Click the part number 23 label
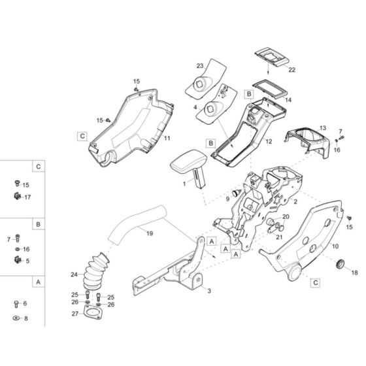(200, 65)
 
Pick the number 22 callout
(291, 69)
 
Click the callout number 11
(167, 139)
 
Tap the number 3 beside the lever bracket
(208, 290)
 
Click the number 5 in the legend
(26, 261)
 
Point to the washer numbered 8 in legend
(16, 318)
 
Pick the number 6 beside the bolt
(25, 303)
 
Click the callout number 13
(322, 127)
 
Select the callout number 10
(335, 246)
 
